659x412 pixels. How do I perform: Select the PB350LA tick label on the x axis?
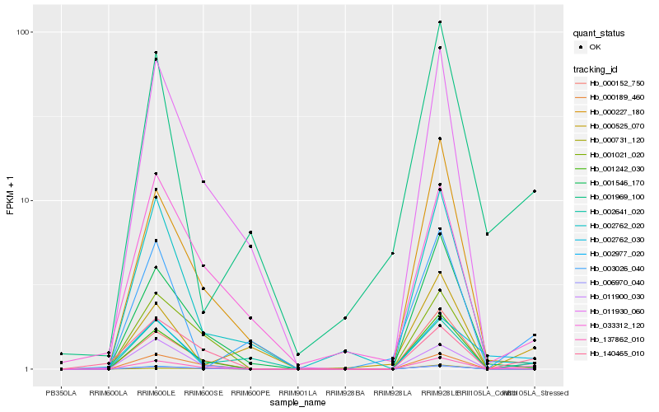[61, 393]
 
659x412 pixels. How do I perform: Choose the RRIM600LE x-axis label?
[156, 393]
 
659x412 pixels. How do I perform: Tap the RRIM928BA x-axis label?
[345, 393]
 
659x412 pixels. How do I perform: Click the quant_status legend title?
[600, 34]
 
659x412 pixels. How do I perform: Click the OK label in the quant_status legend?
[596, 47]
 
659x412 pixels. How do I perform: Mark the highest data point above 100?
[440, 22]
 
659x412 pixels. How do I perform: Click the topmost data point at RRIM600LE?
[156, 53]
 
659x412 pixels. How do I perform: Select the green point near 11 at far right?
[535, 191]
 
